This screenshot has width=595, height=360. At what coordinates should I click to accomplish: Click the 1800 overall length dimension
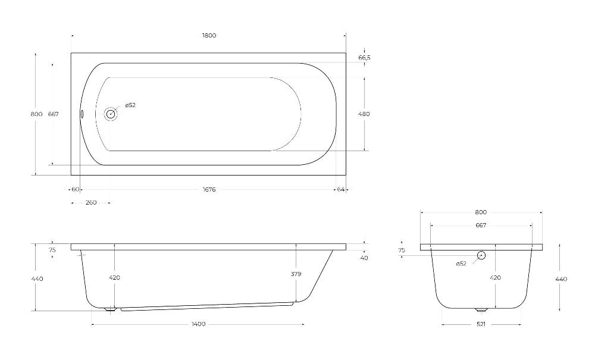(x=209, y=36)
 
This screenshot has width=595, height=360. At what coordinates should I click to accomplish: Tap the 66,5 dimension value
(x=364, y=58)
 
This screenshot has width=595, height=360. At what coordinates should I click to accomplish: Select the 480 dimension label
(x=364, y=114)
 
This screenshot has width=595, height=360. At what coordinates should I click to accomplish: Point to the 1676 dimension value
(x=209, y=189)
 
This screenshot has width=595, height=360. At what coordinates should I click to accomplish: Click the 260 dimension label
(x=91, y=202)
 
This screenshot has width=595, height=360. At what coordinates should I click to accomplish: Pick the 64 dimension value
(x=340, y=189)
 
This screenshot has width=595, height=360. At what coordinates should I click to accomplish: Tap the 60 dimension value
(x=75, y=189)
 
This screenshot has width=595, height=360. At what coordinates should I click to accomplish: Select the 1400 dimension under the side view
(x=199, y=324)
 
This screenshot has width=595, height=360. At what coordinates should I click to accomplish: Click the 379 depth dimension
(x=296, y=274)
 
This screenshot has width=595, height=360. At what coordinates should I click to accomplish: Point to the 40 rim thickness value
(x=364, y=258)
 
